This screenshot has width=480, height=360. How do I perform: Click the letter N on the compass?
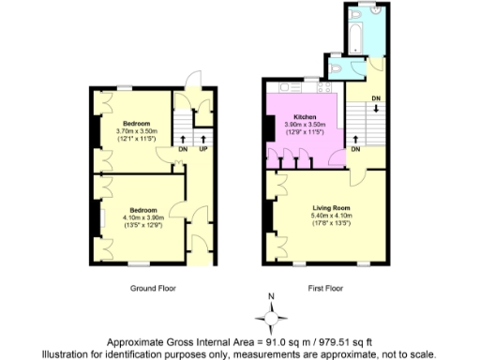coord(271,299)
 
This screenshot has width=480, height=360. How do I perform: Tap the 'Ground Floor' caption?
coord(154,287)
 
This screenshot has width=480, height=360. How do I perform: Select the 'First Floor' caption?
coord(322,287)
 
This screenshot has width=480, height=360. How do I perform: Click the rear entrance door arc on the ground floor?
coord(193,82)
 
